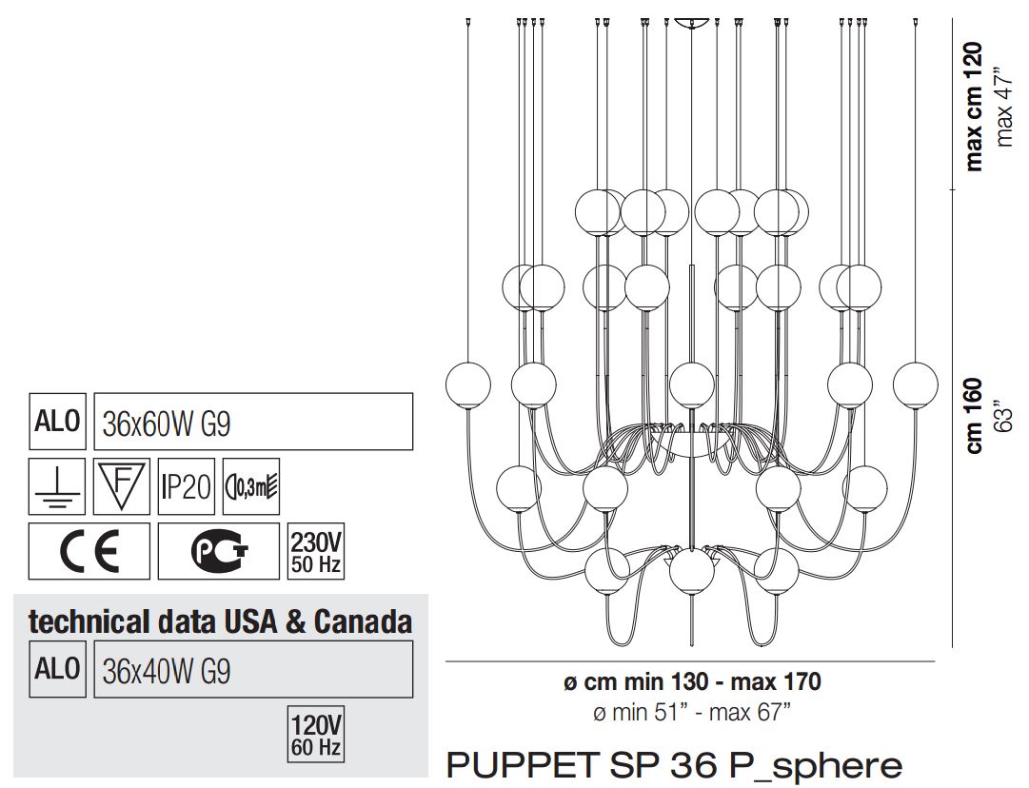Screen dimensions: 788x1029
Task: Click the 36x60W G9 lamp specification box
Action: tap(253, 422)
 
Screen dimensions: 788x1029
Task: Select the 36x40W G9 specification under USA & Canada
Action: tap(253, 669)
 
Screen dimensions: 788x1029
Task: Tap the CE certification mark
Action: tap(89, 550)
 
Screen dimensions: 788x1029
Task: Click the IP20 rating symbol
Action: tap(186, 487)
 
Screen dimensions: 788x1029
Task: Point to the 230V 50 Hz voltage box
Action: tap(315, 551)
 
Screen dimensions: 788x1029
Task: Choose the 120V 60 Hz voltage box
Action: tap(315, 734)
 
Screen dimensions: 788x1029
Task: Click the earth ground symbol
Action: tap(57, 487)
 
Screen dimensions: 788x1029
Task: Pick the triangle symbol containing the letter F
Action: tap(121, 485)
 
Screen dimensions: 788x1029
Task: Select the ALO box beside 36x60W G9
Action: tap(57, 422)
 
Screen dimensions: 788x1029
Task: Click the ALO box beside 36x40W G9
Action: tap(57, 669)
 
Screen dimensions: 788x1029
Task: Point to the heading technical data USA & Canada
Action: tap(221, 622)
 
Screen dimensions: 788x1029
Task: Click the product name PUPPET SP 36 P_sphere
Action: tap(673, 764)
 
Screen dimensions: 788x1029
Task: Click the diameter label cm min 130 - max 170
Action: tap(692, 681)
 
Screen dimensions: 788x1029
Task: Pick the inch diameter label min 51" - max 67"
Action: tap(692, 711)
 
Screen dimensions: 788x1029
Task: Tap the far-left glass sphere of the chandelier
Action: tap(468, 385)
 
